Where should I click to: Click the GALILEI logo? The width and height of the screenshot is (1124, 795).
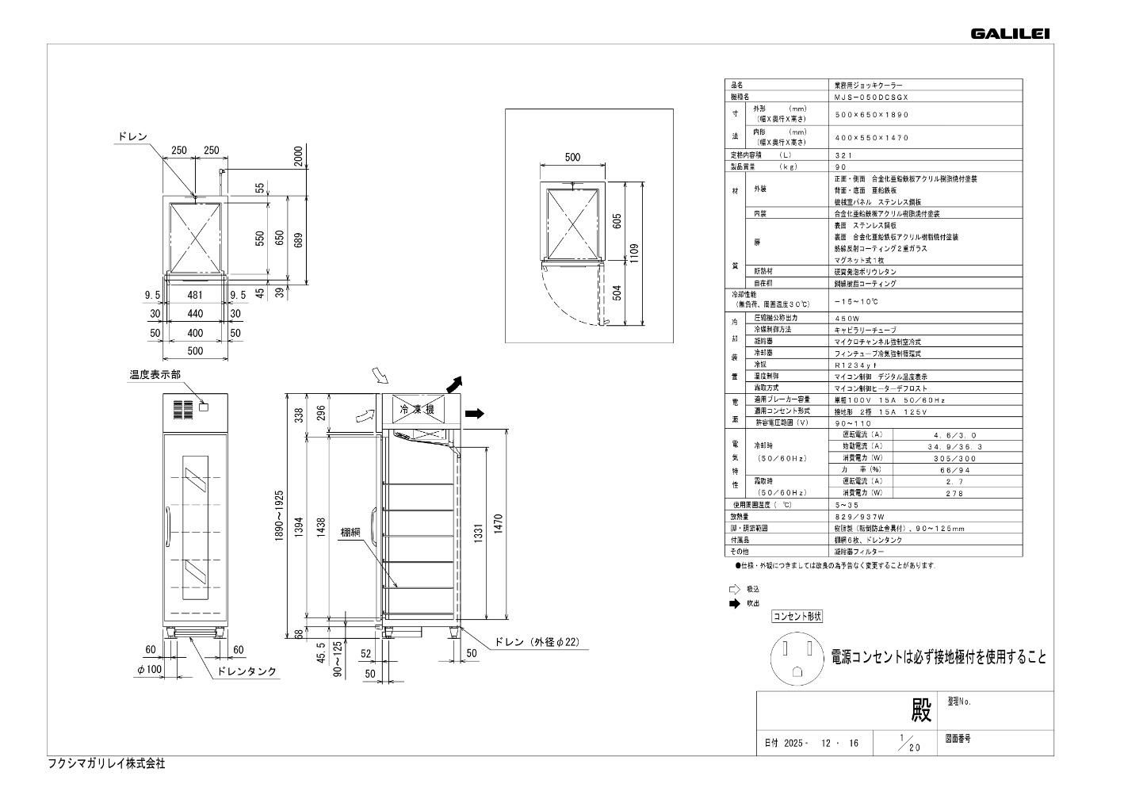[1010, 33]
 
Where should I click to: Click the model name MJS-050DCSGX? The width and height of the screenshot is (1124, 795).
[871, 96]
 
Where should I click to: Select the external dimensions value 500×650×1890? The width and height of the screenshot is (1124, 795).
[871, 114]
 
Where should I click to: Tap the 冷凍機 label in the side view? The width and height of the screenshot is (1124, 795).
[417, 410]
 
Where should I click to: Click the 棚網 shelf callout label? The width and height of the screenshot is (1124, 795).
[351, 533]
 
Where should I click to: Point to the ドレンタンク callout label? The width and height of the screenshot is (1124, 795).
[247, 671]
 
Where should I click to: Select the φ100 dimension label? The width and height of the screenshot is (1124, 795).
[149, 671]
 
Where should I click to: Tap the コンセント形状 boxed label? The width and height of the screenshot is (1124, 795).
[797, 616]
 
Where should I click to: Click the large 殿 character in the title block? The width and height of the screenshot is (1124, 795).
[920, 711]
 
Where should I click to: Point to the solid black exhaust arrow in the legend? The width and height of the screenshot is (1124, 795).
[734, 603]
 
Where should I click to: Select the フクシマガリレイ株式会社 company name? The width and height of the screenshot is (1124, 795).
[107, 764]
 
